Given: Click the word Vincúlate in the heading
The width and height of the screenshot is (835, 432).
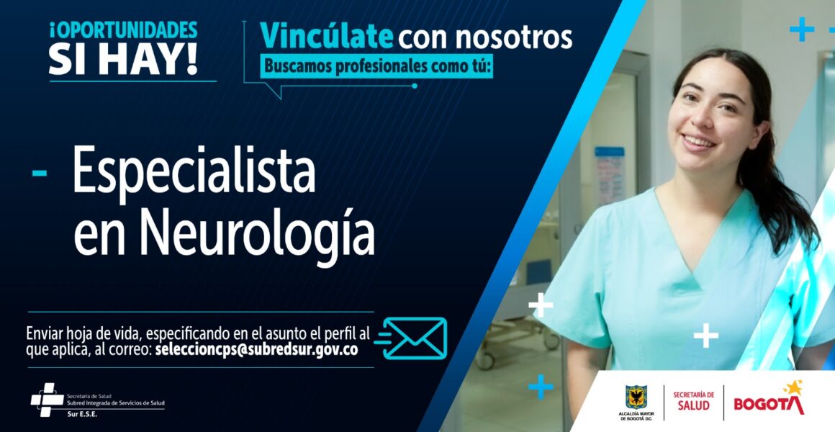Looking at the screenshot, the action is (x=326, y=37).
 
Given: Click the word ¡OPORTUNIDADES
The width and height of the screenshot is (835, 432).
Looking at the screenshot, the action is (x=124, y=30).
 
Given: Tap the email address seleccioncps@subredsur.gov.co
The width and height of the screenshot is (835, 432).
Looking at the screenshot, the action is (x=256, y=349).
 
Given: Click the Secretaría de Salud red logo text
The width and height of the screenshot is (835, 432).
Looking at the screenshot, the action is (x=693, y=400).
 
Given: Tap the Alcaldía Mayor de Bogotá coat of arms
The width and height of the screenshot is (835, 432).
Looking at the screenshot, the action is (x=636, y=397).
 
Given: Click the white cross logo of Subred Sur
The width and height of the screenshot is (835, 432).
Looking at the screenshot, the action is (x=47, y=400).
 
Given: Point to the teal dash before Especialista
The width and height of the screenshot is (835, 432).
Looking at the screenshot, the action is (x=39, y=173).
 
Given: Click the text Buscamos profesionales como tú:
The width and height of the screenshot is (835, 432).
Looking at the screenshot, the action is (x=376, y=68).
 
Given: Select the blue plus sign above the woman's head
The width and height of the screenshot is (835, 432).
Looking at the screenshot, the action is (x=802, y=29).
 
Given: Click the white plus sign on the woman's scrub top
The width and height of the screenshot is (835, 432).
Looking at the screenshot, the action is (x=705, y=336).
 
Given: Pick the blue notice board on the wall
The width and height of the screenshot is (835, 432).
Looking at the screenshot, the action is (x=609, y=176).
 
